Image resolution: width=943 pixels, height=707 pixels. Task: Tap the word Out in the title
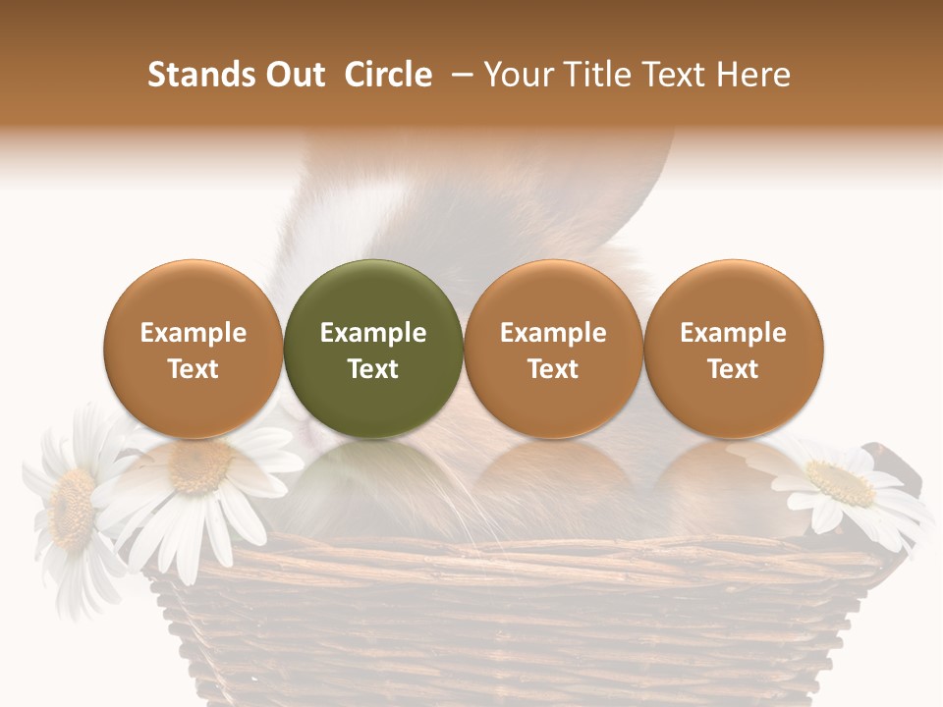tap(293, 75)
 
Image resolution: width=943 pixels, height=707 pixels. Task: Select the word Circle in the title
tap(388, 75)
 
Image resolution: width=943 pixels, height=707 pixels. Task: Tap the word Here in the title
tap(753, 75)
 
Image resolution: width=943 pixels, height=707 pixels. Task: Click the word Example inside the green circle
tap(373, 333)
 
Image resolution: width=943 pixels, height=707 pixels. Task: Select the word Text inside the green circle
tap(373, 369)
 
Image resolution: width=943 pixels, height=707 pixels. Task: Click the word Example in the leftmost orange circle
tap(194, 333)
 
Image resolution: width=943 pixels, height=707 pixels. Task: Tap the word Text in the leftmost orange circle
tap(194, 369)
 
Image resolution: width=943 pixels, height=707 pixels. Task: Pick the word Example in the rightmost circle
tap(733, 333)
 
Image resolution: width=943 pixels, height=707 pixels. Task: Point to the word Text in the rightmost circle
tap(733, 369)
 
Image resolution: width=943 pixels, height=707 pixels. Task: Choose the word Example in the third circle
tap(553, 333)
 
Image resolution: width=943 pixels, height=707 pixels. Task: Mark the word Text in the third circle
tap(553, 369)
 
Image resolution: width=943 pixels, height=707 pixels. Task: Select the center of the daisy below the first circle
tap(201, 467)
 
